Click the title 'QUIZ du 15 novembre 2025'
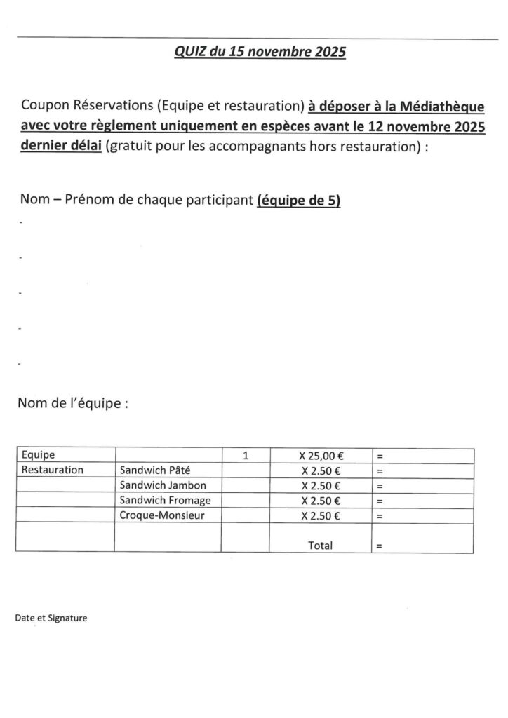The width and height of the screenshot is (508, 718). coord(260,53)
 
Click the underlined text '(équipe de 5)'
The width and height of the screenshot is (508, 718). coord(299,201)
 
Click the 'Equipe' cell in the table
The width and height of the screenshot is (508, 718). coord(39,455)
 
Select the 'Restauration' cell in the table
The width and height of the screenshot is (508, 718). coord(53,470)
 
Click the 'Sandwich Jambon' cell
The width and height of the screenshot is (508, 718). coord(163,485)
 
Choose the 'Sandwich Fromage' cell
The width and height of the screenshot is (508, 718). coord(166,500)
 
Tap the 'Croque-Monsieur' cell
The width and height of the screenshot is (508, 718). coord(161,515)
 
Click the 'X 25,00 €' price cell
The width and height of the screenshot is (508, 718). coord(320,455)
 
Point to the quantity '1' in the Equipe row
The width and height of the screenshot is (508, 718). coord(245,455)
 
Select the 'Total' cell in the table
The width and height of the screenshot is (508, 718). coord(320,544)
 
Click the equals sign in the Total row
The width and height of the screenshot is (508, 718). coord(380,545)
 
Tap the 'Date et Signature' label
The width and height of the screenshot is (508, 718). coord(51,618)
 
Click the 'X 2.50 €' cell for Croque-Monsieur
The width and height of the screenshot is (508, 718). coord(320,515)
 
